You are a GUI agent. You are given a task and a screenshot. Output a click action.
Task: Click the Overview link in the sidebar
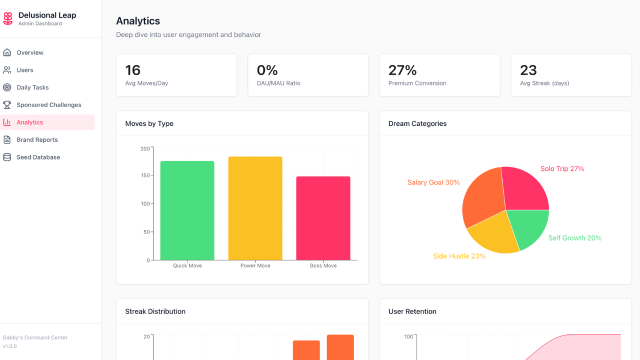tap(30, 52)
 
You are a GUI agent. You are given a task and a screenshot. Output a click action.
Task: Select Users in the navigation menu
tap(25, 70)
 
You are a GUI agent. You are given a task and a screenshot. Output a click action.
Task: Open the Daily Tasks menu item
tap(32, 87)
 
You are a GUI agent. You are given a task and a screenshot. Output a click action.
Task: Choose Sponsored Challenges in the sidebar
tap(48, 105)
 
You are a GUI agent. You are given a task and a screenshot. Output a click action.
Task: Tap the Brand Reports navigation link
tap(37, 140)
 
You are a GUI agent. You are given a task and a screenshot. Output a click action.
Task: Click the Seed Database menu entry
tap(38, 157)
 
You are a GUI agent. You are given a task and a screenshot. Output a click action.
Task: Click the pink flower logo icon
tap(8, 19)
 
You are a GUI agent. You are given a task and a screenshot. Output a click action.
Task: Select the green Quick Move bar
tap(187, 210)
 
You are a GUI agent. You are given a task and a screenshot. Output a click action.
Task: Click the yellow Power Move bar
tap(255, 208)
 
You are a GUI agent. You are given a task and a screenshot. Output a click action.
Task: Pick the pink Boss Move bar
tap(323, 218)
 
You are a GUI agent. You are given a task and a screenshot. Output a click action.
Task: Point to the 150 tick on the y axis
tap(144, 175)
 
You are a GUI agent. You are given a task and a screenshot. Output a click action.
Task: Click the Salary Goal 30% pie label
tap(433, 182)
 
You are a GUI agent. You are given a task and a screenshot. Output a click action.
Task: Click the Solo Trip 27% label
tap(562, 169)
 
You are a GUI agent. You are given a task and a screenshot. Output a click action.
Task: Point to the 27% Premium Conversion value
tap(402, 70)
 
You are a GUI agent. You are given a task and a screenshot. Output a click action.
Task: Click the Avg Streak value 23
tap(528, 70)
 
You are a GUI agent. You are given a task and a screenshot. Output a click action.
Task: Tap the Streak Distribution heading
tap(155, 311)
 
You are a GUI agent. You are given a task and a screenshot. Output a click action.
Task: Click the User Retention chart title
tap(412, 311)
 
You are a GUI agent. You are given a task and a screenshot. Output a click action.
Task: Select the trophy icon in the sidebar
tap(7, 105)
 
